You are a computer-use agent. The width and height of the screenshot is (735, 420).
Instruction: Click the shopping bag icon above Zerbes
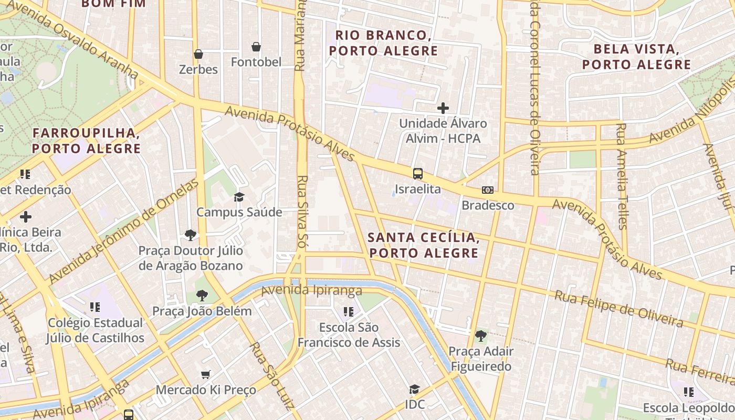(198, 54)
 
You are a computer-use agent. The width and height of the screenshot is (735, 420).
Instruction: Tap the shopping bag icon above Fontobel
(256, 47)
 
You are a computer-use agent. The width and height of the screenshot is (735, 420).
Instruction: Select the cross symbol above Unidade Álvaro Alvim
(443, 108)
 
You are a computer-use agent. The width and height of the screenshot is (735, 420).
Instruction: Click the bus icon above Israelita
(418, 174)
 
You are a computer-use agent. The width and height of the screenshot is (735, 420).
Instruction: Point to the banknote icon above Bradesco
(488, 190)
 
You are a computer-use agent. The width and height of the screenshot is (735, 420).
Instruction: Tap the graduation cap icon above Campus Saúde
(239, 197)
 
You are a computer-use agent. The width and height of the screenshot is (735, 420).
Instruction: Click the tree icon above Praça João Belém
(202, 296)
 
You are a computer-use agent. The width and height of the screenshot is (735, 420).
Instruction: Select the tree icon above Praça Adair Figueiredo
(480, 336)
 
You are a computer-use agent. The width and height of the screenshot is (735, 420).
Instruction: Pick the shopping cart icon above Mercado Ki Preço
(206, 374)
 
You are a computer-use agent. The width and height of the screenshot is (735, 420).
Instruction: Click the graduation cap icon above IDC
(414, 389)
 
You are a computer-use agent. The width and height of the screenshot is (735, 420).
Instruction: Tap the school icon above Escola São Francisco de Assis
(348, 312)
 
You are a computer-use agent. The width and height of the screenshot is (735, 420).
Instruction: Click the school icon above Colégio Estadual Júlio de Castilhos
(95, 307)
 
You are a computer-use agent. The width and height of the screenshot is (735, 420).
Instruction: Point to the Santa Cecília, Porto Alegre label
(423, 245)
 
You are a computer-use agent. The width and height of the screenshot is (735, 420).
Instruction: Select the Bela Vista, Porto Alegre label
(636, 57)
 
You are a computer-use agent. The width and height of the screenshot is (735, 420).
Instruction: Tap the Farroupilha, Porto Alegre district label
(87, 140)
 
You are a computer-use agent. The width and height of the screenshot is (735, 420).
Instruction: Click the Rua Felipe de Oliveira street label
(619, 309)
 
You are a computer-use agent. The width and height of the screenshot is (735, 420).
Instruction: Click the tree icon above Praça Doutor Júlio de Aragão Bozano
(191, 235)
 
